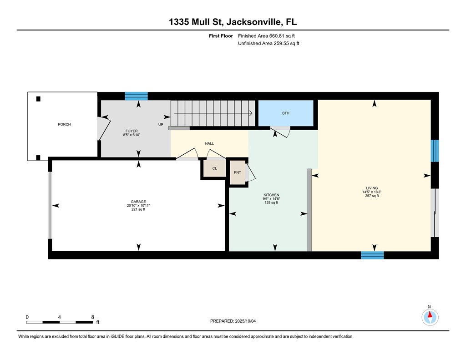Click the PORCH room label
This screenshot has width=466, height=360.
pyautogui.click(x=64, y=124)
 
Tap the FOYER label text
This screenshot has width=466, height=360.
pyautogui.click(x=132, y=131)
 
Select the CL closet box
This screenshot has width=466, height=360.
pyautogui.click(x=214, y=168)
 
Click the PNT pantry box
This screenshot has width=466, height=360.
pyautogui.click(x=237, y=172)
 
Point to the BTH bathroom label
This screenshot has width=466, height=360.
pyautogui.click(x=285, y=113)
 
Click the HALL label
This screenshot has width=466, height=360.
pyautogui.click(x=209, y=143)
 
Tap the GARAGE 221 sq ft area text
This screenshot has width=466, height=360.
pyautogui.click(x=139, y=209)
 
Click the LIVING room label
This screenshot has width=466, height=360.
pyautogui.click(x=371, y=188)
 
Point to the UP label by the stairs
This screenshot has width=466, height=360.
pyautogui.click(x=161, y=124)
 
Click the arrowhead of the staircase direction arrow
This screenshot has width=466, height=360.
pyautogui.click(x=251, y=113)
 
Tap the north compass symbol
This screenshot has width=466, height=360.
pyautogui.click(x=429, y=316)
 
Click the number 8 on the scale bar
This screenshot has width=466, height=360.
pyautogui.click(x=92, y=317)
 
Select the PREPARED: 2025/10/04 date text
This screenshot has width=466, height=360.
pyautogui.click(x=236, y=321)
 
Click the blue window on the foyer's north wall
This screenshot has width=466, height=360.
pyautogui.click(x=137, y=96)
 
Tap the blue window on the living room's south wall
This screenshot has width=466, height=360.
pyautogui.click(x=372, y=255)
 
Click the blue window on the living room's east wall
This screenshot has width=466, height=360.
pyautogui.click(x=435, y=151)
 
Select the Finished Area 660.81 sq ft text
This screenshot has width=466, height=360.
pyautogui.click(x=269, y=35)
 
